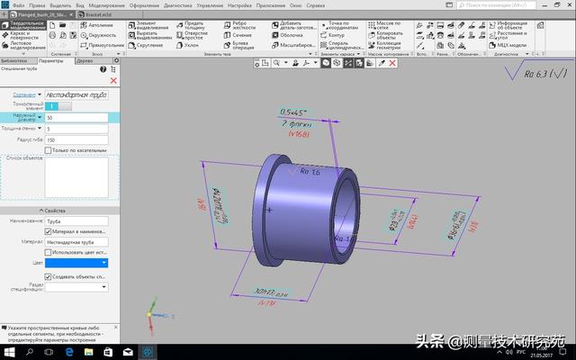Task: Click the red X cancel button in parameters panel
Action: [x=112, y=81]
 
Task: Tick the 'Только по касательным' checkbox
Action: [x=49, y=150]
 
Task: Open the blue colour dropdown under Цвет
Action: [x=77, y=263]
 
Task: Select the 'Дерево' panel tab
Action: [x=83, y=61]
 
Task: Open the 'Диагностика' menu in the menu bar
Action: [x=178, y=5]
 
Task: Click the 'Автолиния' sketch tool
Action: [x=99, y=25]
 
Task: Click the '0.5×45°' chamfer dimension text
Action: [x=293, y=112]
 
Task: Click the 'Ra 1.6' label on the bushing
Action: [x=310, y=170]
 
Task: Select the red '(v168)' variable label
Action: [x=300, y=134]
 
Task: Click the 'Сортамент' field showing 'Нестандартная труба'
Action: [x=79, y=94]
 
